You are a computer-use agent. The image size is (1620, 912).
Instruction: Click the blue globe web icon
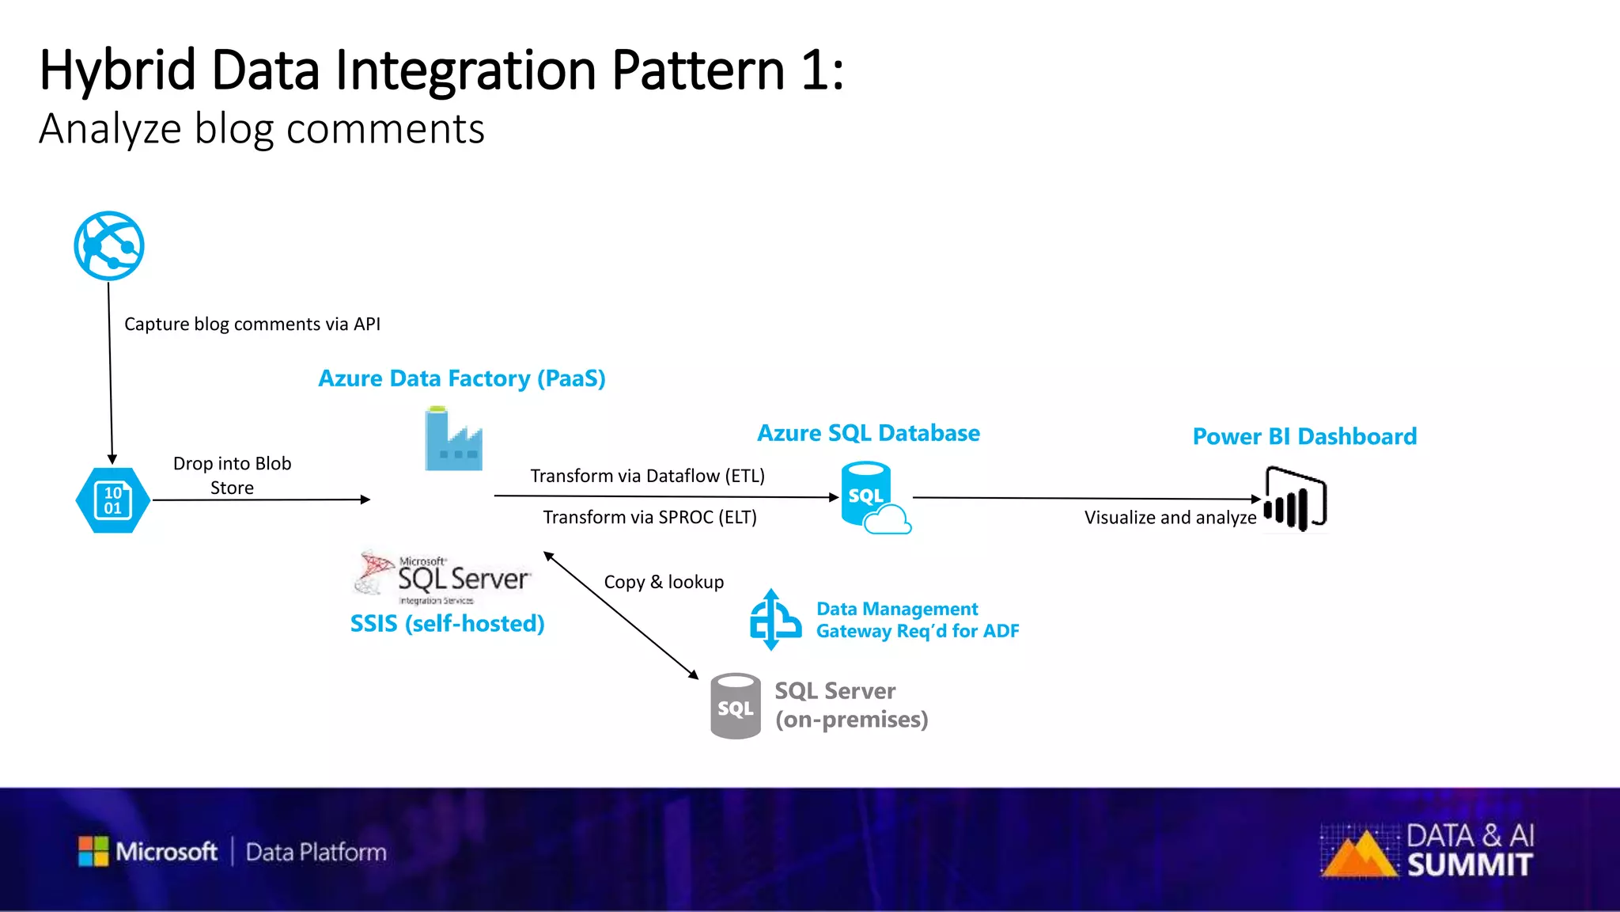109,245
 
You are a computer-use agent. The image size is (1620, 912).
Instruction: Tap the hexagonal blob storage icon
112,500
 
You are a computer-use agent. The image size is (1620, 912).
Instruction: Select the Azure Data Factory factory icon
453,439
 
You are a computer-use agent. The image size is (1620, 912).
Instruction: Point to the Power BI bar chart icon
1295,500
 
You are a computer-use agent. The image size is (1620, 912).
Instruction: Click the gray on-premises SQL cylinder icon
736,706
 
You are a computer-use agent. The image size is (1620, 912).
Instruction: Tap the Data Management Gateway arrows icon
774,620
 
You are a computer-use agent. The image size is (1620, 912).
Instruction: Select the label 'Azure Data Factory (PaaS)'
462,378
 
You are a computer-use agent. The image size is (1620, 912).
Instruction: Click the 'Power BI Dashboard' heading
1304,436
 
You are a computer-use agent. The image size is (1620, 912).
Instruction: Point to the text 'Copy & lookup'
664,582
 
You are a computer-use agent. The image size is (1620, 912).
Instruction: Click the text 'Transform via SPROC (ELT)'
649,517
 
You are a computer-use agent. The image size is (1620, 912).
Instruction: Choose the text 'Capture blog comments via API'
252,324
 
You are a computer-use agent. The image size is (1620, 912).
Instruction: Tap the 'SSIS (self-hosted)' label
447,624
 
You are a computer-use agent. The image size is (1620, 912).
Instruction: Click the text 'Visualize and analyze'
1170,517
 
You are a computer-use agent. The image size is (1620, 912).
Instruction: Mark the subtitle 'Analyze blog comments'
261,129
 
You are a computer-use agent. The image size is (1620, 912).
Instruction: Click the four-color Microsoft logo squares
93,851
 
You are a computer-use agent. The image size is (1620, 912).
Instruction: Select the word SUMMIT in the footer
1470,865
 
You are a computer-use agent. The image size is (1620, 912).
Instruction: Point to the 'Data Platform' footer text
316,852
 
